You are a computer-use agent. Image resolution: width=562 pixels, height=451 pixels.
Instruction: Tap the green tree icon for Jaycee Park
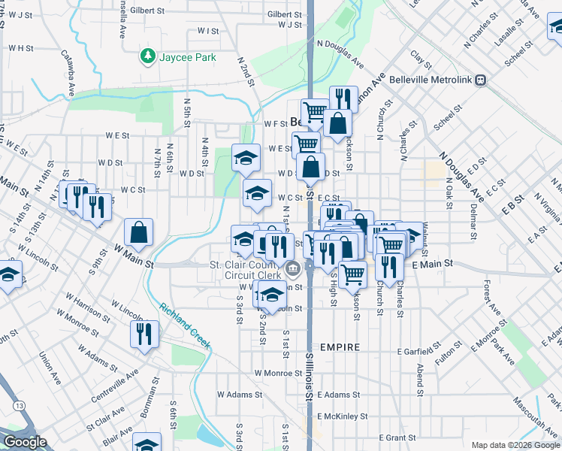coord(147,56)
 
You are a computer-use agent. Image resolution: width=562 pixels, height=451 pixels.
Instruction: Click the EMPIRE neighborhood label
coord(340,347)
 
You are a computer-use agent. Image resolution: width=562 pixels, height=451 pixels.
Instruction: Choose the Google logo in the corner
coord(25,442)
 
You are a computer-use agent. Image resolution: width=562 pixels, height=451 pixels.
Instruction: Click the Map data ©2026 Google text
coord(515,445)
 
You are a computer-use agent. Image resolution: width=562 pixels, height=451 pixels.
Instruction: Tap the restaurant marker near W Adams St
coord(144,334)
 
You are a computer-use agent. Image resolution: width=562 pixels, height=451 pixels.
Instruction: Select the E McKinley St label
coord(342,416)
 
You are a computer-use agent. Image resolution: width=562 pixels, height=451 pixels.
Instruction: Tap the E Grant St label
coord(397,437)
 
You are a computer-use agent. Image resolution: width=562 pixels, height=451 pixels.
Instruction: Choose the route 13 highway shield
coord(18,406)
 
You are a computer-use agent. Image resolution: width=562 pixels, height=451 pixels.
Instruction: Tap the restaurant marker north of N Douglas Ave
coord(342,98)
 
